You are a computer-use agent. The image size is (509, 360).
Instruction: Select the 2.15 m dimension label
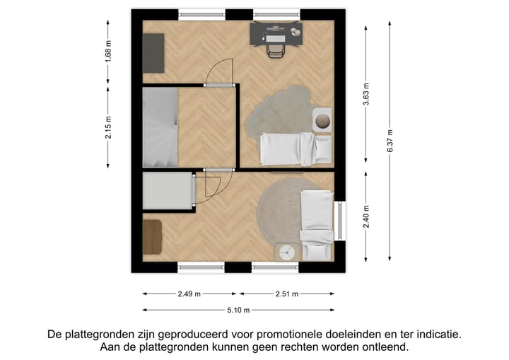108,127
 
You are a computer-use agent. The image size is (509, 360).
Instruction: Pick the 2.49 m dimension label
189,294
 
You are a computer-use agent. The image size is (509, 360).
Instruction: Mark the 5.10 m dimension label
237,309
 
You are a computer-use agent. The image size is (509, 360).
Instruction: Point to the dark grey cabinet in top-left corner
153,52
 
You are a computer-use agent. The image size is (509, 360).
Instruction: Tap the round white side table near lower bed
288,252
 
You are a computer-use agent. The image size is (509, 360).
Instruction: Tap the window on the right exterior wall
341,221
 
